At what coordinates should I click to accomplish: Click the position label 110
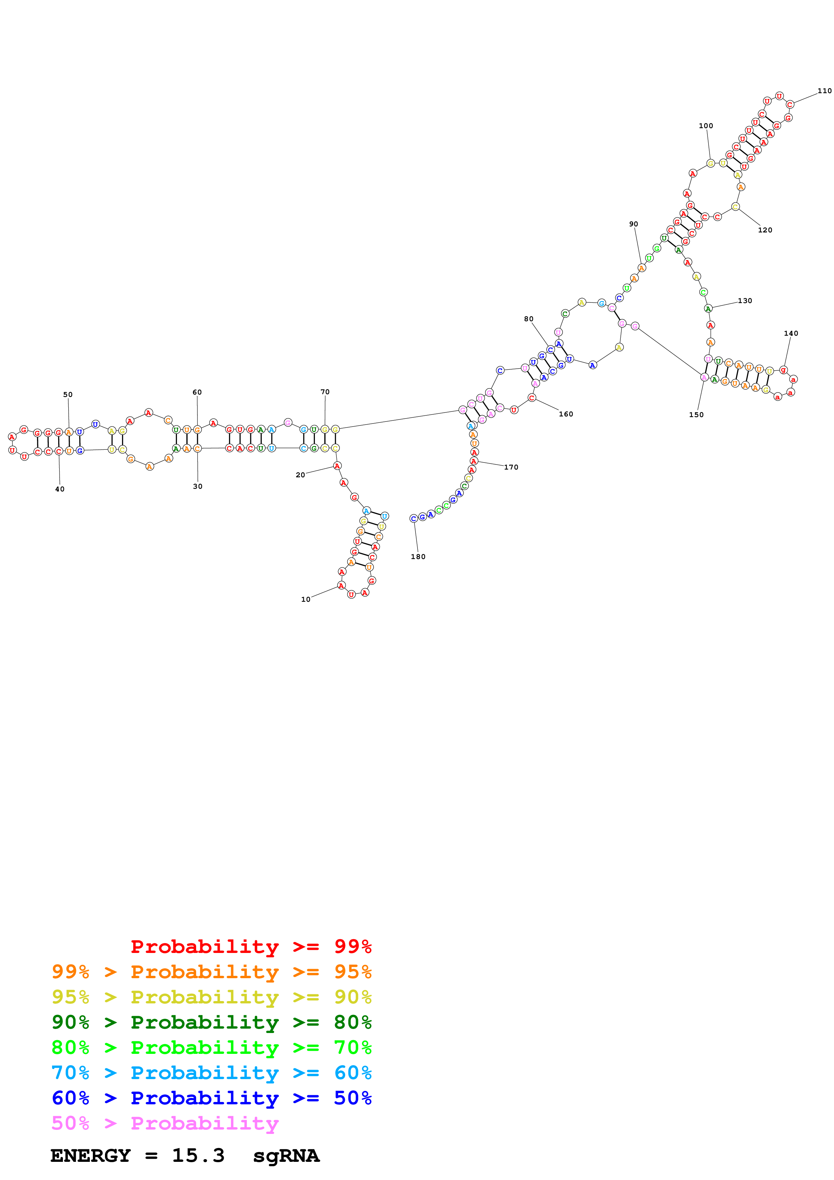pyautogui.click(x=824, y=91)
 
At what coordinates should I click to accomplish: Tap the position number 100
pyautogui.click(x=705, y=126)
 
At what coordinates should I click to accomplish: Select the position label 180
pyautogui.click(x=418, y=557)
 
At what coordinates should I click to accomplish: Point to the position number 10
pyautogui.click(x=305, y=599)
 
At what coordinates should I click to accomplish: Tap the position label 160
pyautogui.click(x=566, y=414)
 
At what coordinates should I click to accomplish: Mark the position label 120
pyautogui.click(x=765, y=230)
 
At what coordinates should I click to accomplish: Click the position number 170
pyautogui.click(x=511, y=467)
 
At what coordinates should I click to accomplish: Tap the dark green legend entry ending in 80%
pyautogui.click(x=211, y=1022)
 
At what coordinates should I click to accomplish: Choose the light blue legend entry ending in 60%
pyautogui.click(x=211, y=1073)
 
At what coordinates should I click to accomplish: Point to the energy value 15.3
pyautogui.click(x=198, y=1155)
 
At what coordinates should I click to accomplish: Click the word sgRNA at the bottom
pyautogui.click(x=286, y=1155)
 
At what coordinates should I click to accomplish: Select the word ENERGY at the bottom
pyautogui.click(x=90, y=1155)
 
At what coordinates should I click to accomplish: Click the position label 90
pyautogui.click(x=633, y=224)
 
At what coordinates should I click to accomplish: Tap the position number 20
pyautogui.click(x=300, y=475)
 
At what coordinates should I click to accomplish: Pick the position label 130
pyautogui.click(x=745, y=301)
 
